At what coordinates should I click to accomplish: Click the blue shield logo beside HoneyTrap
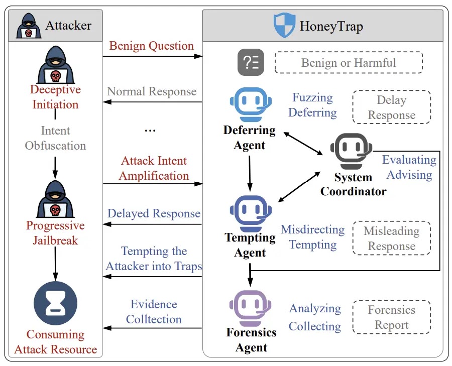click(x=284, y=25)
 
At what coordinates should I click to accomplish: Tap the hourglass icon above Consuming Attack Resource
click(x=55, y=304)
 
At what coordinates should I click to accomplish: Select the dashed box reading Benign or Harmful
click(x=349, y=63)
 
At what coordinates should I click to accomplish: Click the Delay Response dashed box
click(x=391, y=107)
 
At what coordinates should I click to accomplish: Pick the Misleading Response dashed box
click(x=391, y=238)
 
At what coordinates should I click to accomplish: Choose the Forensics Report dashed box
click(x=391, y=317)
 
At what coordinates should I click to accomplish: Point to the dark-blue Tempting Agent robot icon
click(x=250, y=211)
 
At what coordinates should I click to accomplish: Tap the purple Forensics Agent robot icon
click(x=250, y=307)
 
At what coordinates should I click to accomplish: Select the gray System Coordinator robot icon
click(x=352, y=149)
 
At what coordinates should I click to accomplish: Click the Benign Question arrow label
click(x=151, y=46)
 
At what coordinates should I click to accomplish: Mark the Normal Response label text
click(x=152, y=91)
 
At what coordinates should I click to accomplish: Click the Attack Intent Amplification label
click(x=154, y=168)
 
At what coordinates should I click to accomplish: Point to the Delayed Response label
click(x=154, y=213)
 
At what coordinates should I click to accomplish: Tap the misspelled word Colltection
click(x=154, y=319)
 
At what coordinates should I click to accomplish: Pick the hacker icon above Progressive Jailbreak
click(x=55, y=198)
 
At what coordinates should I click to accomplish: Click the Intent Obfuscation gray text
click(x=55, y=138)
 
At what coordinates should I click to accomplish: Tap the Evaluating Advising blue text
click(x=409, y=167)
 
